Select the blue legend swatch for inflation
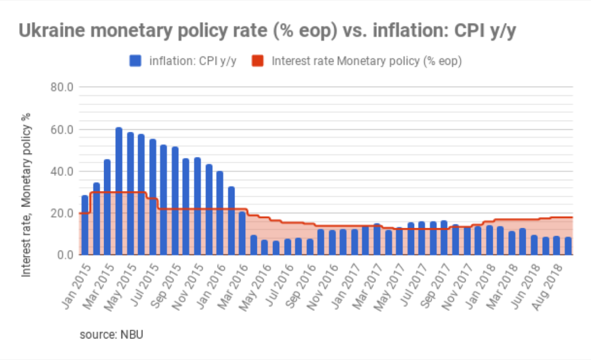pos(135,61)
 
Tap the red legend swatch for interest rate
pos(258,61)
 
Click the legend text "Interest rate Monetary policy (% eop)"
pos(366,61)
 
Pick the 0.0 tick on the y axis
pos(64,255)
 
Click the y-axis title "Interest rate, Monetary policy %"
pos(27,195)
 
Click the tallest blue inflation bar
pos(119,191)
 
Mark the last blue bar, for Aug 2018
pos(567,246)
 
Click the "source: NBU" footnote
pos(111,334)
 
